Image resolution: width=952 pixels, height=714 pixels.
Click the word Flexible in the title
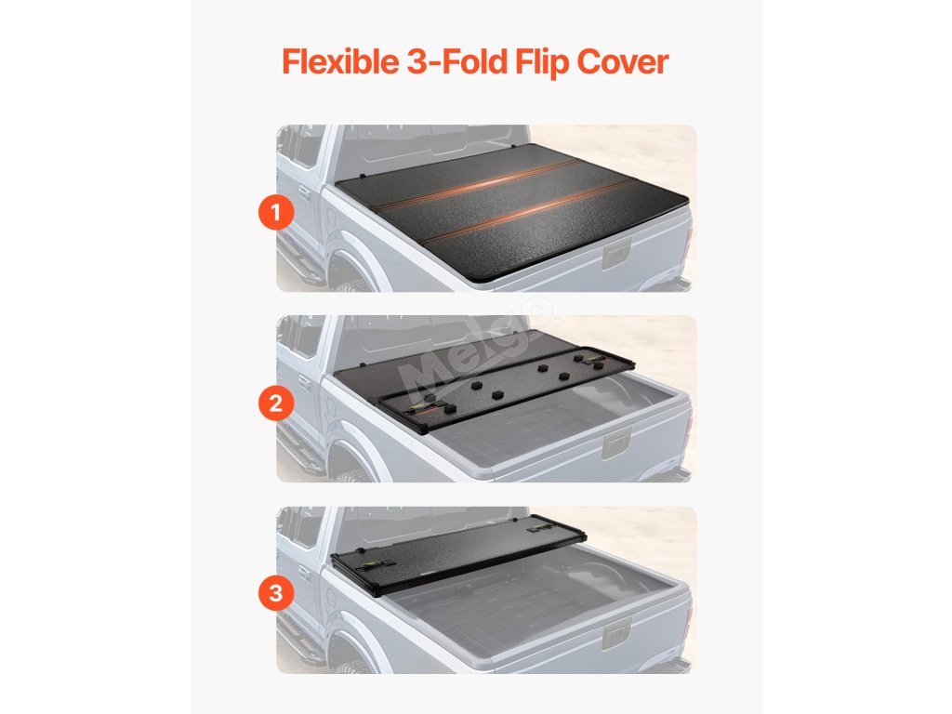(x=340, y=62)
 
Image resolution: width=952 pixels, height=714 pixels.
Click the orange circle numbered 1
(x=276, y=213)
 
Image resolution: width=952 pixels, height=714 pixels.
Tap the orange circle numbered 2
(x=276, y=403)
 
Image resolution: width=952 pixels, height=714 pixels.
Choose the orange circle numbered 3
(x=276, y=592)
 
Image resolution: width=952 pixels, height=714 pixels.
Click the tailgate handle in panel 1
(x=617, y=254)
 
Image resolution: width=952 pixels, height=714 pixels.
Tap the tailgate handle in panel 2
(x=617, y=444)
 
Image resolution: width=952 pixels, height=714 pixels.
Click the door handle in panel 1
(x=304, y=192)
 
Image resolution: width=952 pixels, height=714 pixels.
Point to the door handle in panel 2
(x=304, y=383)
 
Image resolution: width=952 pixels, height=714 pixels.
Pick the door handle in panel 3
(x=304, y=574)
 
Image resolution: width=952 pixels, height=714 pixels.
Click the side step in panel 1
(x=298, y=258)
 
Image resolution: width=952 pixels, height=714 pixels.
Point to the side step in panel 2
(x=298, y=449)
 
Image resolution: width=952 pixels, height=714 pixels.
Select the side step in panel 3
(x=298, y=640)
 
